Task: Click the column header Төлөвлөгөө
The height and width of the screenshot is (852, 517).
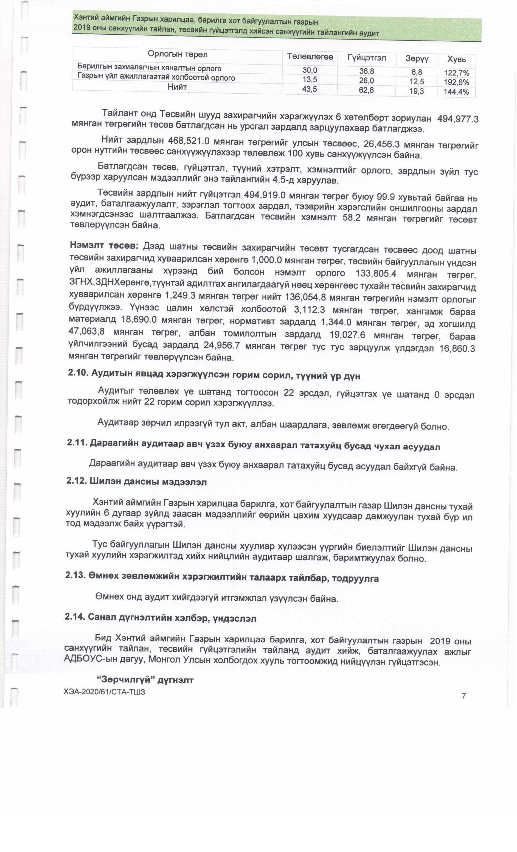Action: [310, 57]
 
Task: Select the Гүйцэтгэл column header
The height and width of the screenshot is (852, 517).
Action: [367, 58]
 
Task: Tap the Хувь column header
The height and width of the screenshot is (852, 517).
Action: [456, 59]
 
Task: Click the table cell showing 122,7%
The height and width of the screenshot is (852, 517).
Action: [456, 73]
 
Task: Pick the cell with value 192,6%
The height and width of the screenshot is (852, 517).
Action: [456, 82]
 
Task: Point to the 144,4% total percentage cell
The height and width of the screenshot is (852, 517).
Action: [456, 92]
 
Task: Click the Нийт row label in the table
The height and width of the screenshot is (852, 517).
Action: [177, 87]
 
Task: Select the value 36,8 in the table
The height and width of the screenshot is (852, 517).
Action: [366, 72]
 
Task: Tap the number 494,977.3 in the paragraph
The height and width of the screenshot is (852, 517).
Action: [458, 119]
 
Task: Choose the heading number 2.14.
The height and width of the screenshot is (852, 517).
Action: [75, 617]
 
